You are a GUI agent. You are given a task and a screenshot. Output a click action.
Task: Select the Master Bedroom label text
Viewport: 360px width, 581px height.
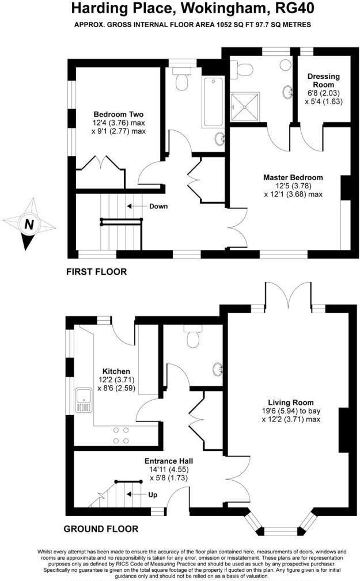click(x=293, y=177)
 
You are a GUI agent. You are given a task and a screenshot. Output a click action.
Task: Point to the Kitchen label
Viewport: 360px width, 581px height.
click(x=116, y=371)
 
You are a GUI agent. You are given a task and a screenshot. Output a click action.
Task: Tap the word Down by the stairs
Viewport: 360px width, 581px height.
click(x=158, y=206)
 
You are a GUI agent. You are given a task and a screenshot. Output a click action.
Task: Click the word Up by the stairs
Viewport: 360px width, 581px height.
click(x=153, y=494)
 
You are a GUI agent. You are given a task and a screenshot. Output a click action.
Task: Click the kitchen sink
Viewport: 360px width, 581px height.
click(x=84, y=401)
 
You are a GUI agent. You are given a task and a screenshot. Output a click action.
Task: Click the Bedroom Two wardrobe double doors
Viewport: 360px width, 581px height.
click(x=103, y=161)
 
